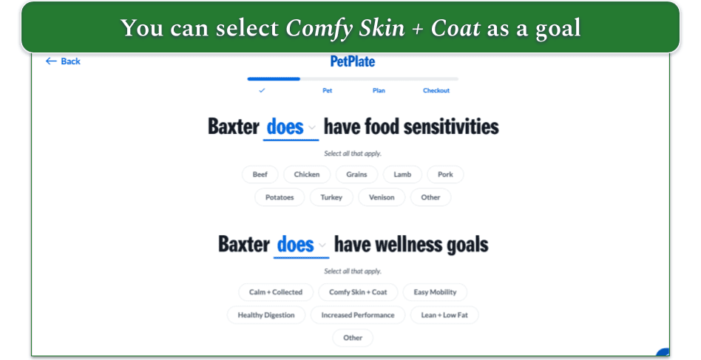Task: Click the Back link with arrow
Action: coord(63,61)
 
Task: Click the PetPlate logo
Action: coord(353,61)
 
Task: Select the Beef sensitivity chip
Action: coord(260,174)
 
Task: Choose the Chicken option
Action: coord(307,174)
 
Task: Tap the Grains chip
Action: coord(356,174)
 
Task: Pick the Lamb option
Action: coord(402,174)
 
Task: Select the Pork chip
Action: coord(445,174)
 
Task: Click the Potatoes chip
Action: coord(280,197)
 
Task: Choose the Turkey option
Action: coord(331,197)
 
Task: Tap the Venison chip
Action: coord(382,197)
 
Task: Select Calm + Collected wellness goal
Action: coord(276,292)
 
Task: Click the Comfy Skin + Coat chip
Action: coord(358,292)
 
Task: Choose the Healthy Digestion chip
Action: coord(266,315)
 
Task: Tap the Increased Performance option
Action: coord(358,315)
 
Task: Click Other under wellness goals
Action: coord(353,338)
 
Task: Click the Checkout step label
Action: coord(436,91)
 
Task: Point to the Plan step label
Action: coord(379,91)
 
